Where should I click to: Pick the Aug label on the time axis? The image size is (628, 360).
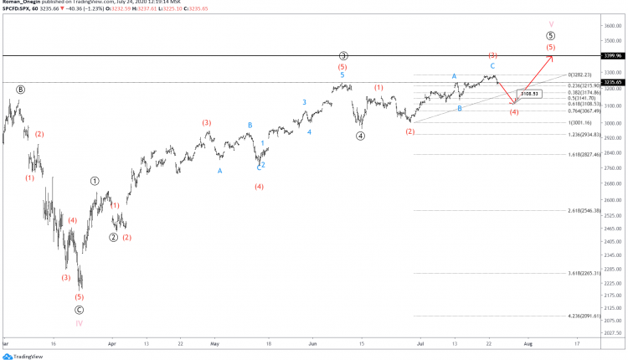coord(528,343)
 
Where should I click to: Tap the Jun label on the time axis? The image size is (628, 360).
coord(312,343)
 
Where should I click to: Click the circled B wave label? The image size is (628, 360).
coord(20,89)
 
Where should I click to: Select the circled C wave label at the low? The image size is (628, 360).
coord(79,308)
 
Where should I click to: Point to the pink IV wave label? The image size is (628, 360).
coord(79,322)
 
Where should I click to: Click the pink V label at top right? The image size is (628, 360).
coord(550,24)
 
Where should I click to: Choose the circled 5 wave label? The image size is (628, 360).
coord(550,36)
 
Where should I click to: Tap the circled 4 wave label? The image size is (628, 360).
coord(360,136)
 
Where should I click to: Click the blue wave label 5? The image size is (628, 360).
coord(342,75)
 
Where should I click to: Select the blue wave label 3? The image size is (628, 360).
coord(304,102)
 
